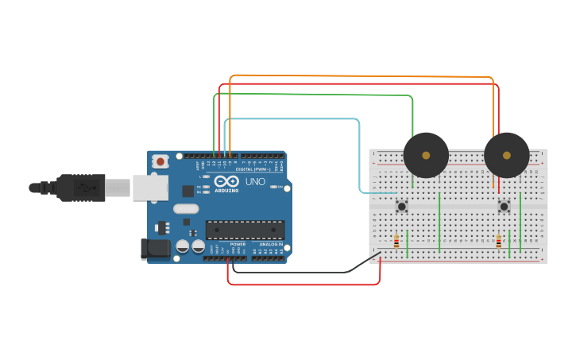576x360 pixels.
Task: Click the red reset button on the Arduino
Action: (x=160, y=161)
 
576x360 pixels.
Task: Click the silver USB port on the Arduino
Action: (x=150, y=188)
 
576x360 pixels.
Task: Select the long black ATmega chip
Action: (x=245, y=230)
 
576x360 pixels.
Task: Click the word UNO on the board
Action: (x=255, y=182)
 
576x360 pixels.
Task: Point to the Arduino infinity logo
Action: (x=226, y=182)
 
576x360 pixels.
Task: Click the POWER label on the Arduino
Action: (x=238, y=244)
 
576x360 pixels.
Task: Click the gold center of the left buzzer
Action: (x=426, y=156)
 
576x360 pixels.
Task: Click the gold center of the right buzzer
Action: (x=506, y=156)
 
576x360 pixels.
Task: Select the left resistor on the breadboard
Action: (x=396, y=241)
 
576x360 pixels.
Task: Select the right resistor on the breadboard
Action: (x=498, y=241)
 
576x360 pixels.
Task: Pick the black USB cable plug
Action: (x=79, y=188)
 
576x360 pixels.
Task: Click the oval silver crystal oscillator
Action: (x=184, y=209)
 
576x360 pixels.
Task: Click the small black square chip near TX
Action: (x=187, y=191)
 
